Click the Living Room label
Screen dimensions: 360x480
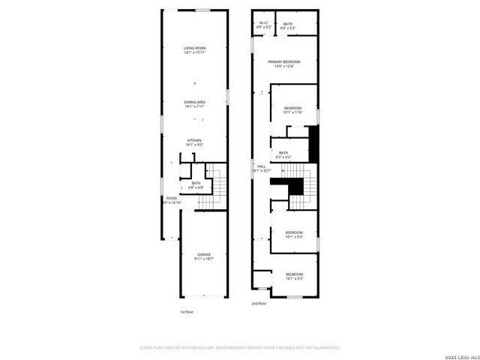[195, 50]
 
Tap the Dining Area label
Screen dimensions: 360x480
[195, 104]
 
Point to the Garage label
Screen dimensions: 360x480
[204, 256]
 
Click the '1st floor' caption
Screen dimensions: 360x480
[187, 311]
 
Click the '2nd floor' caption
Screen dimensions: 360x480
[259, 304]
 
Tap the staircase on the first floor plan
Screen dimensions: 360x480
[215, 184]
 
